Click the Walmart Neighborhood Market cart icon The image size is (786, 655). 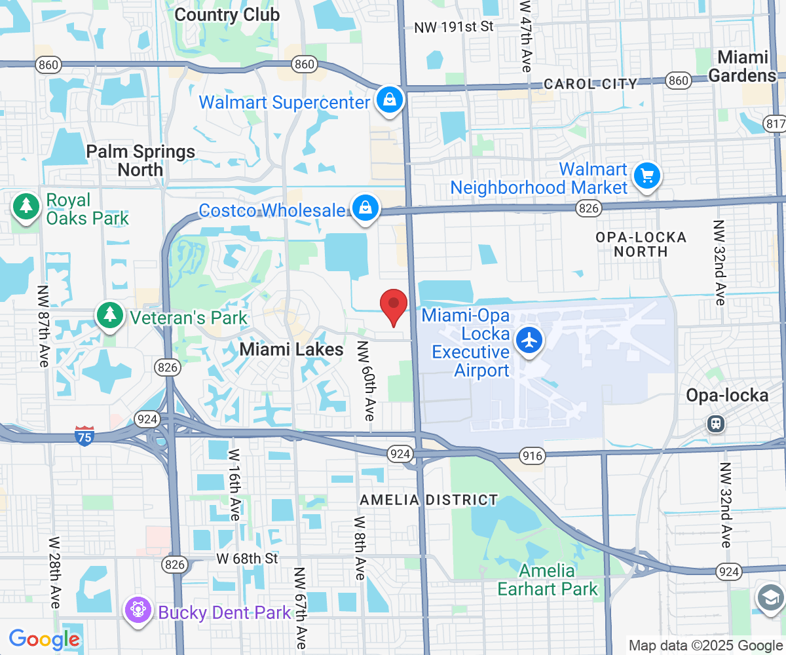click(647, 176)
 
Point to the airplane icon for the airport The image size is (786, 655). click(529, 340)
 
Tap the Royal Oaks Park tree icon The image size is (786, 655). click(26, 207)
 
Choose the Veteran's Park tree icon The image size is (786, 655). click(109, 315)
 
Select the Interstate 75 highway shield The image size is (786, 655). click(84, 436)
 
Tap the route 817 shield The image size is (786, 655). click(775, 124)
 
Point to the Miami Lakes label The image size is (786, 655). click(291, 350)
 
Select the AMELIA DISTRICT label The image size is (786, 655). click(429, 500)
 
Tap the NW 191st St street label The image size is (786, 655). click(453, 27)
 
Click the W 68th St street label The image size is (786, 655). click(248, 559)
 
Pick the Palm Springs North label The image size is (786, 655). click(141, 160)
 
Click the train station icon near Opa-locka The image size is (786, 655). click(716, 424)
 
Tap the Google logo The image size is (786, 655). click(44, 639)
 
